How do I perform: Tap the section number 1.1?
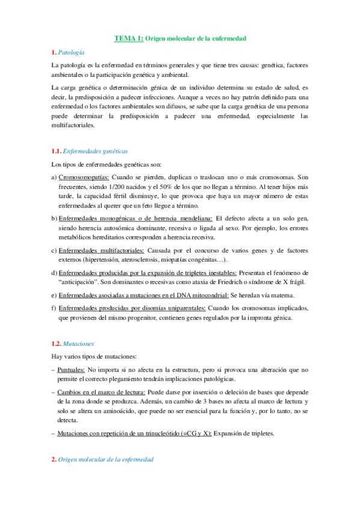pyautogui.click(x=55, y=152)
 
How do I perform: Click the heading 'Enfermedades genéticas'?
pyautogui.click(x=95, y=152)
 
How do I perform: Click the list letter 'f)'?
pyautogui.click(x=53, y=308)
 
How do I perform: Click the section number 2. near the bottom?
pyautogui.click(x=53, y=459)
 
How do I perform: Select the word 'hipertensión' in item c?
pyautogui.click(x=112, y=259)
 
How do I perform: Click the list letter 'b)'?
pyautogui.click(x=53, y=216)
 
